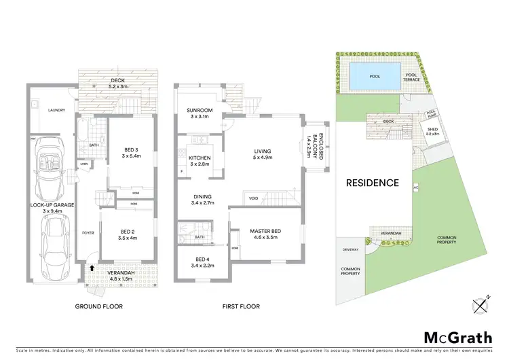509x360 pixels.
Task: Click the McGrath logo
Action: coord(454,337)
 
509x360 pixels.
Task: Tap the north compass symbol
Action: coord(481,306)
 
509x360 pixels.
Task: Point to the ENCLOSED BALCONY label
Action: coord(314,145)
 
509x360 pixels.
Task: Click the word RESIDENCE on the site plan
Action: coord(372,183)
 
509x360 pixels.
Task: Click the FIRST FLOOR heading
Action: coord(241,307)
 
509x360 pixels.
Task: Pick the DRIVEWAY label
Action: coord(350,249)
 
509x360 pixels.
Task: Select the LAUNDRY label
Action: coord(47,110)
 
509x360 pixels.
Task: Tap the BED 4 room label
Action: coord(203,262)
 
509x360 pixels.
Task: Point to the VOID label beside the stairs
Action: coord(254,198)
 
